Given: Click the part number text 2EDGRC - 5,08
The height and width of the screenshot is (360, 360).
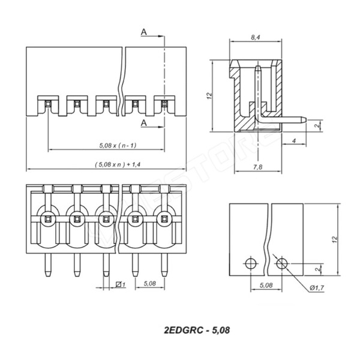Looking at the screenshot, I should [196, 330].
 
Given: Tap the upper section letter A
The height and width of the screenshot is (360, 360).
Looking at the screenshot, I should [145, 31].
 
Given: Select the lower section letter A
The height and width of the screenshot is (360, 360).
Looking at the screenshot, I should [145, 122].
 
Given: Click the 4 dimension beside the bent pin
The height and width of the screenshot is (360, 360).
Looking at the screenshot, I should [294, 140].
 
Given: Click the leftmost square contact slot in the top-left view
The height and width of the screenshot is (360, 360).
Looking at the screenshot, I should [47, 106].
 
